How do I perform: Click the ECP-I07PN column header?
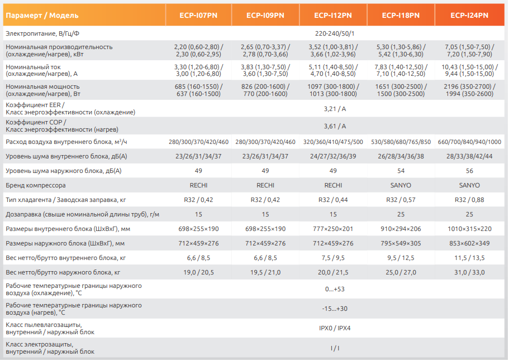click(x=198, y=15)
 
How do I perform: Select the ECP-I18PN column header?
click(x=401, y=15)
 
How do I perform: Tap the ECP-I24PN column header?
click(x=469, y=15)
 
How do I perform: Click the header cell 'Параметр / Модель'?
click(x=42, y=15)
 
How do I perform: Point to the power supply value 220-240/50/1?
click(x=335, y=34)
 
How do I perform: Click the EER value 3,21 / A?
click(x=335, y=109)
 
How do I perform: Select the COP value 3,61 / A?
click(x=335, y=126)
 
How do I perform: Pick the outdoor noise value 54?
click(x=401, y=170)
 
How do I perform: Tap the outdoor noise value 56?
click(x=469, y=170)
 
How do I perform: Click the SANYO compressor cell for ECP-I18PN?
click(x=401, y=185)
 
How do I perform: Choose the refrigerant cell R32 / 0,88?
click(x=469, y=200)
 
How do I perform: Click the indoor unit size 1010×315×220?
click(x=469, y=229)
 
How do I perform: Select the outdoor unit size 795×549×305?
click(x=401, y=243)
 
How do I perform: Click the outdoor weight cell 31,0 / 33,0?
click(x=469, y=272)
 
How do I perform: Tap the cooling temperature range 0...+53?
click(x=335, y=290)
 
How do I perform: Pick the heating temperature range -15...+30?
click(x=335, y=309)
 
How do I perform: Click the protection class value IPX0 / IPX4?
click(x=335, y=328)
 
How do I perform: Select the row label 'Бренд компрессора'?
click(x=35, y=185)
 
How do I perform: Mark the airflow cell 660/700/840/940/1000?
click(x=469, y=142)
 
